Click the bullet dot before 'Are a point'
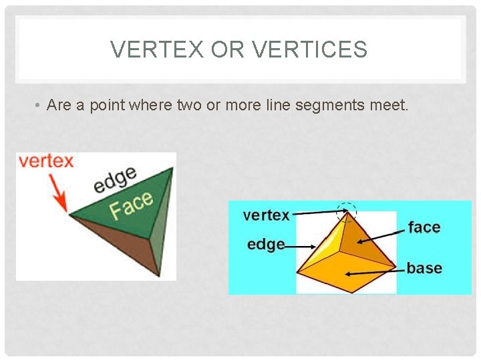point(39,106)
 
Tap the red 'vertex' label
point(45,161)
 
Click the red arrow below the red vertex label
point(59,194)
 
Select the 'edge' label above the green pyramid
point(114,179)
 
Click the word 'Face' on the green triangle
point(132,205)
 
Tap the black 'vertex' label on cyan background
point(266,215)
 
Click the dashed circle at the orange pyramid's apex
point(347,212)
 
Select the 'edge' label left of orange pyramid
point(265,245)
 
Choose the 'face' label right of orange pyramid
point(424,227)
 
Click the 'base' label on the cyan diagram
point(424,268)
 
